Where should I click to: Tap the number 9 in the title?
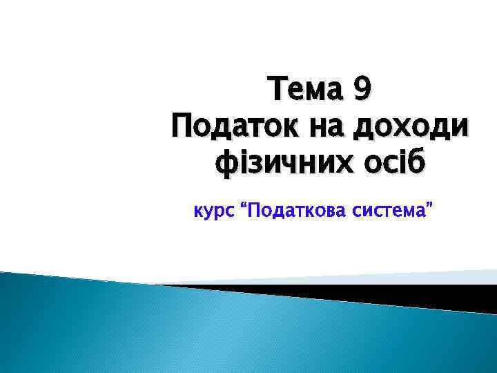[362, 91]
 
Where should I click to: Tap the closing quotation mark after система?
[431, 205]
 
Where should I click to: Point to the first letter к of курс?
[194, 211]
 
